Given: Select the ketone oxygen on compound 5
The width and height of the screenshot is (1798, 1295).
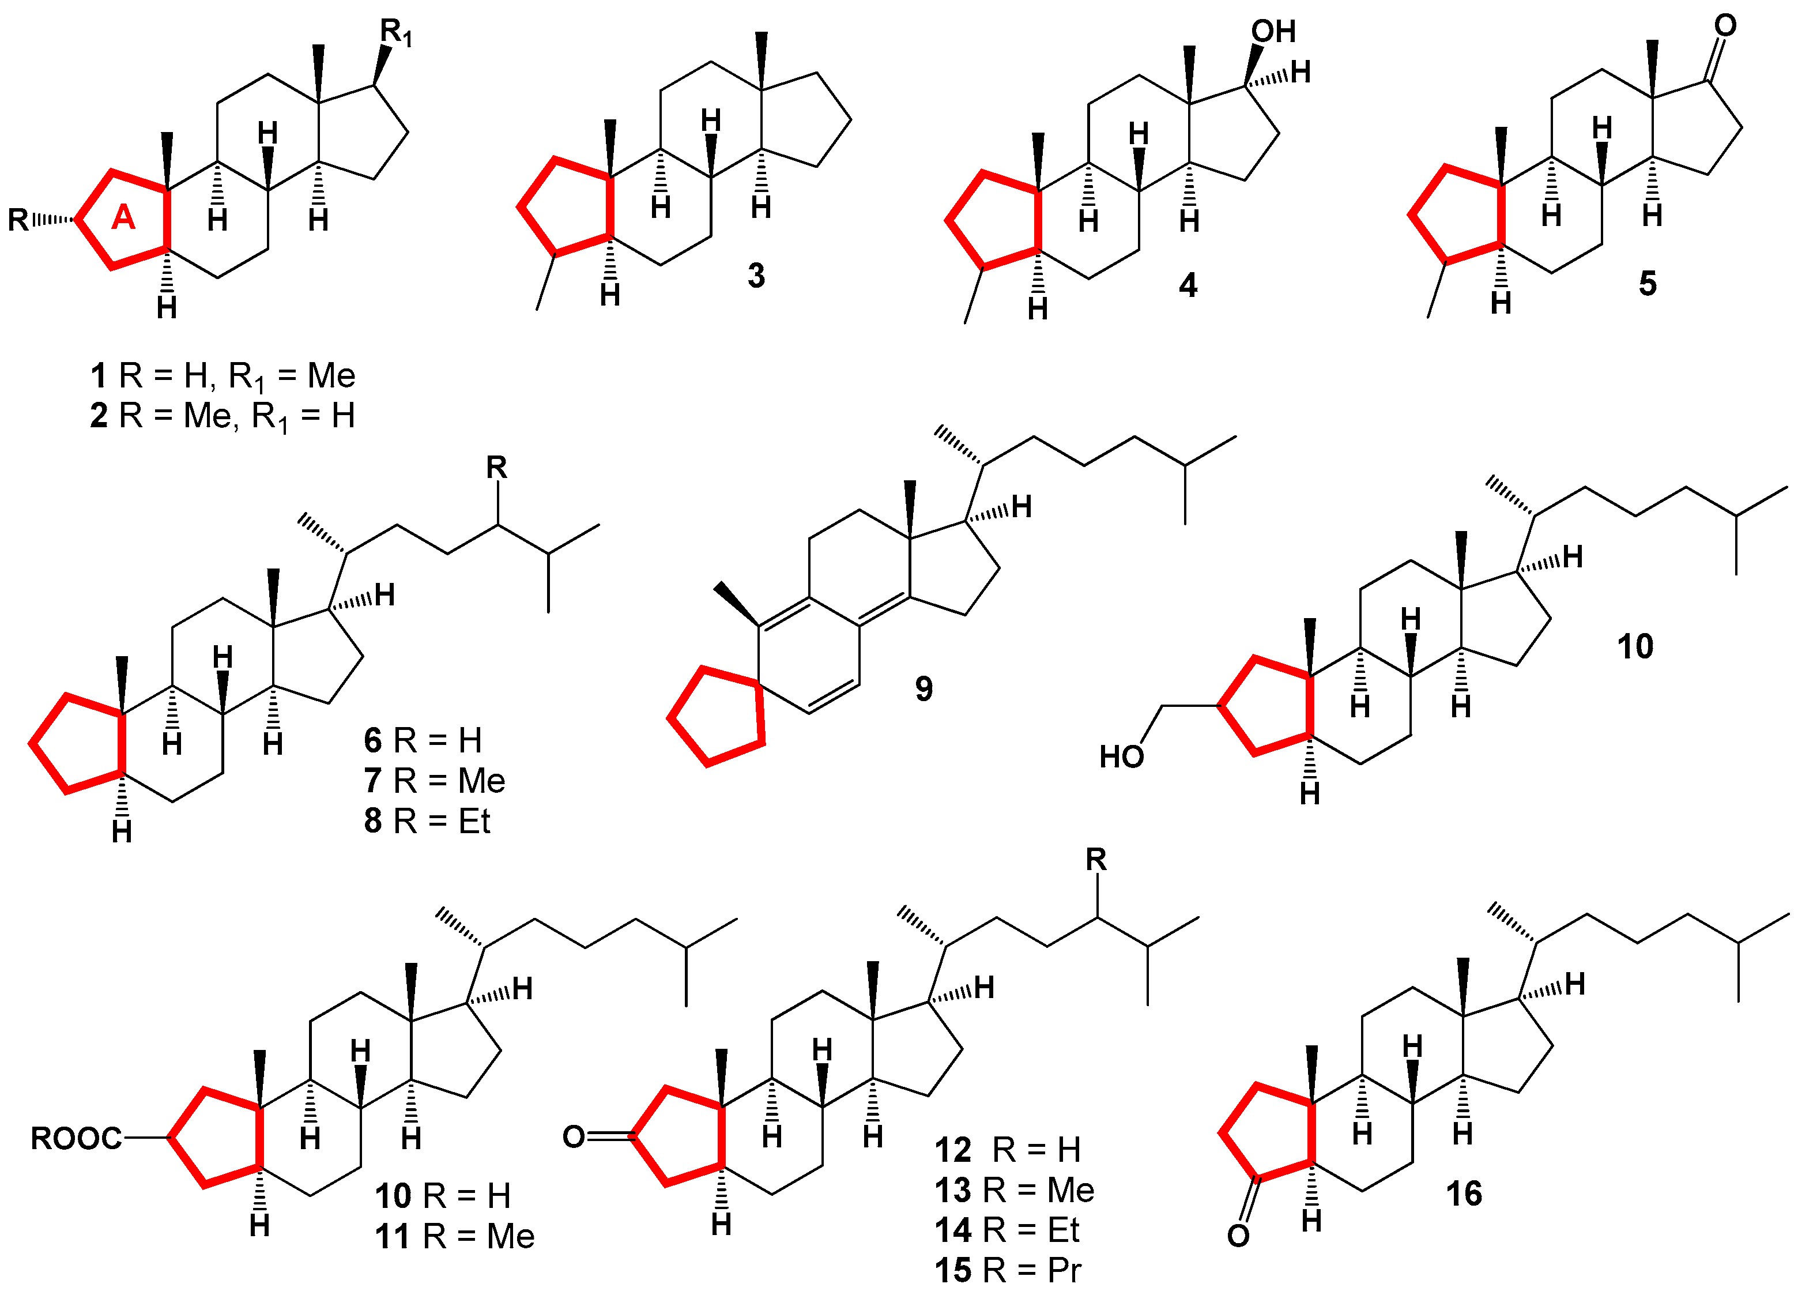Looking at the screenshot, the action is pyautogui.click(x=1725, y=25).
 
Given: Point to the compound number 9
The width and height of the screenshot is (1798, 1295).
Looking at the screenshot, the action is pyautogui.click(x=923, y=688).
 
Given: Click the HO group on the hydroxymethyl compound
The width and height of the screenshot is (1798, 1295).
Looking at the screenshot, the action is pyautogui.click(x=1121, y=757).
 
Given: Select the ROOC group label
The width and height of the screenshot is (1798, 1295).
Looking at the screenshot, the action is pyautogui.click(x=76, y=1139).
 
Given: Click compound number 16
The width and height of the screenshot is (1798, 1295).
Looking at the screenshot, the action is pyautogui.click(x=1464, y=1194).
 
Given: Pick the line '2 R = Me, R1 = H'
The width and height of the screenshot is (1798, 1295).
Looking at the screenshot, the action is pyautogui.click(x=222, y=416).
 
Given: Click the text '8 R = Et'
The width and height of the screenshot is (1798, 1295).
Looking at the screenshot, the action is pyautogui.click(x=427, y=821).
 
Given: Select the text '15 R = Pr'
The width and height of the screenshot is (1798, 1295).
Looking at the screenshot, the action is pyautogui.click(x=1008, y=1270).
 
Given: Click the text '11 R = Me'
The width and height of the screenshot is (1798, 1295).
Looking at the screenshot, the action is pyautogui.click(x=454, y=1236).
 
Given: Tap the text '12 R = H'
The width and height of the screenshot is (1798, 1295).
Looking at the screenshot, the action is pyautogui.click(x=1007, y=1150).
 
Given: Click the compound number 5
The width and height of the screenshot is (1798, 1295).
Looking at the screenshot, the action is pyautogui.click(x=1648, y=283).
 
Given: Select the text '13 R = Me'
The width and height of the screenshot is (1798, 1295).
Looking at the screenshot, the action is pyautogui.click(x=1014, y=1190).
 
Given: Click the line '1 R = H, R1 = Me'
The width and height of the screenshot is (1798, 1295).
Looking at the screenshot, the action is pyautogui.click(x=222, y=376).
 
